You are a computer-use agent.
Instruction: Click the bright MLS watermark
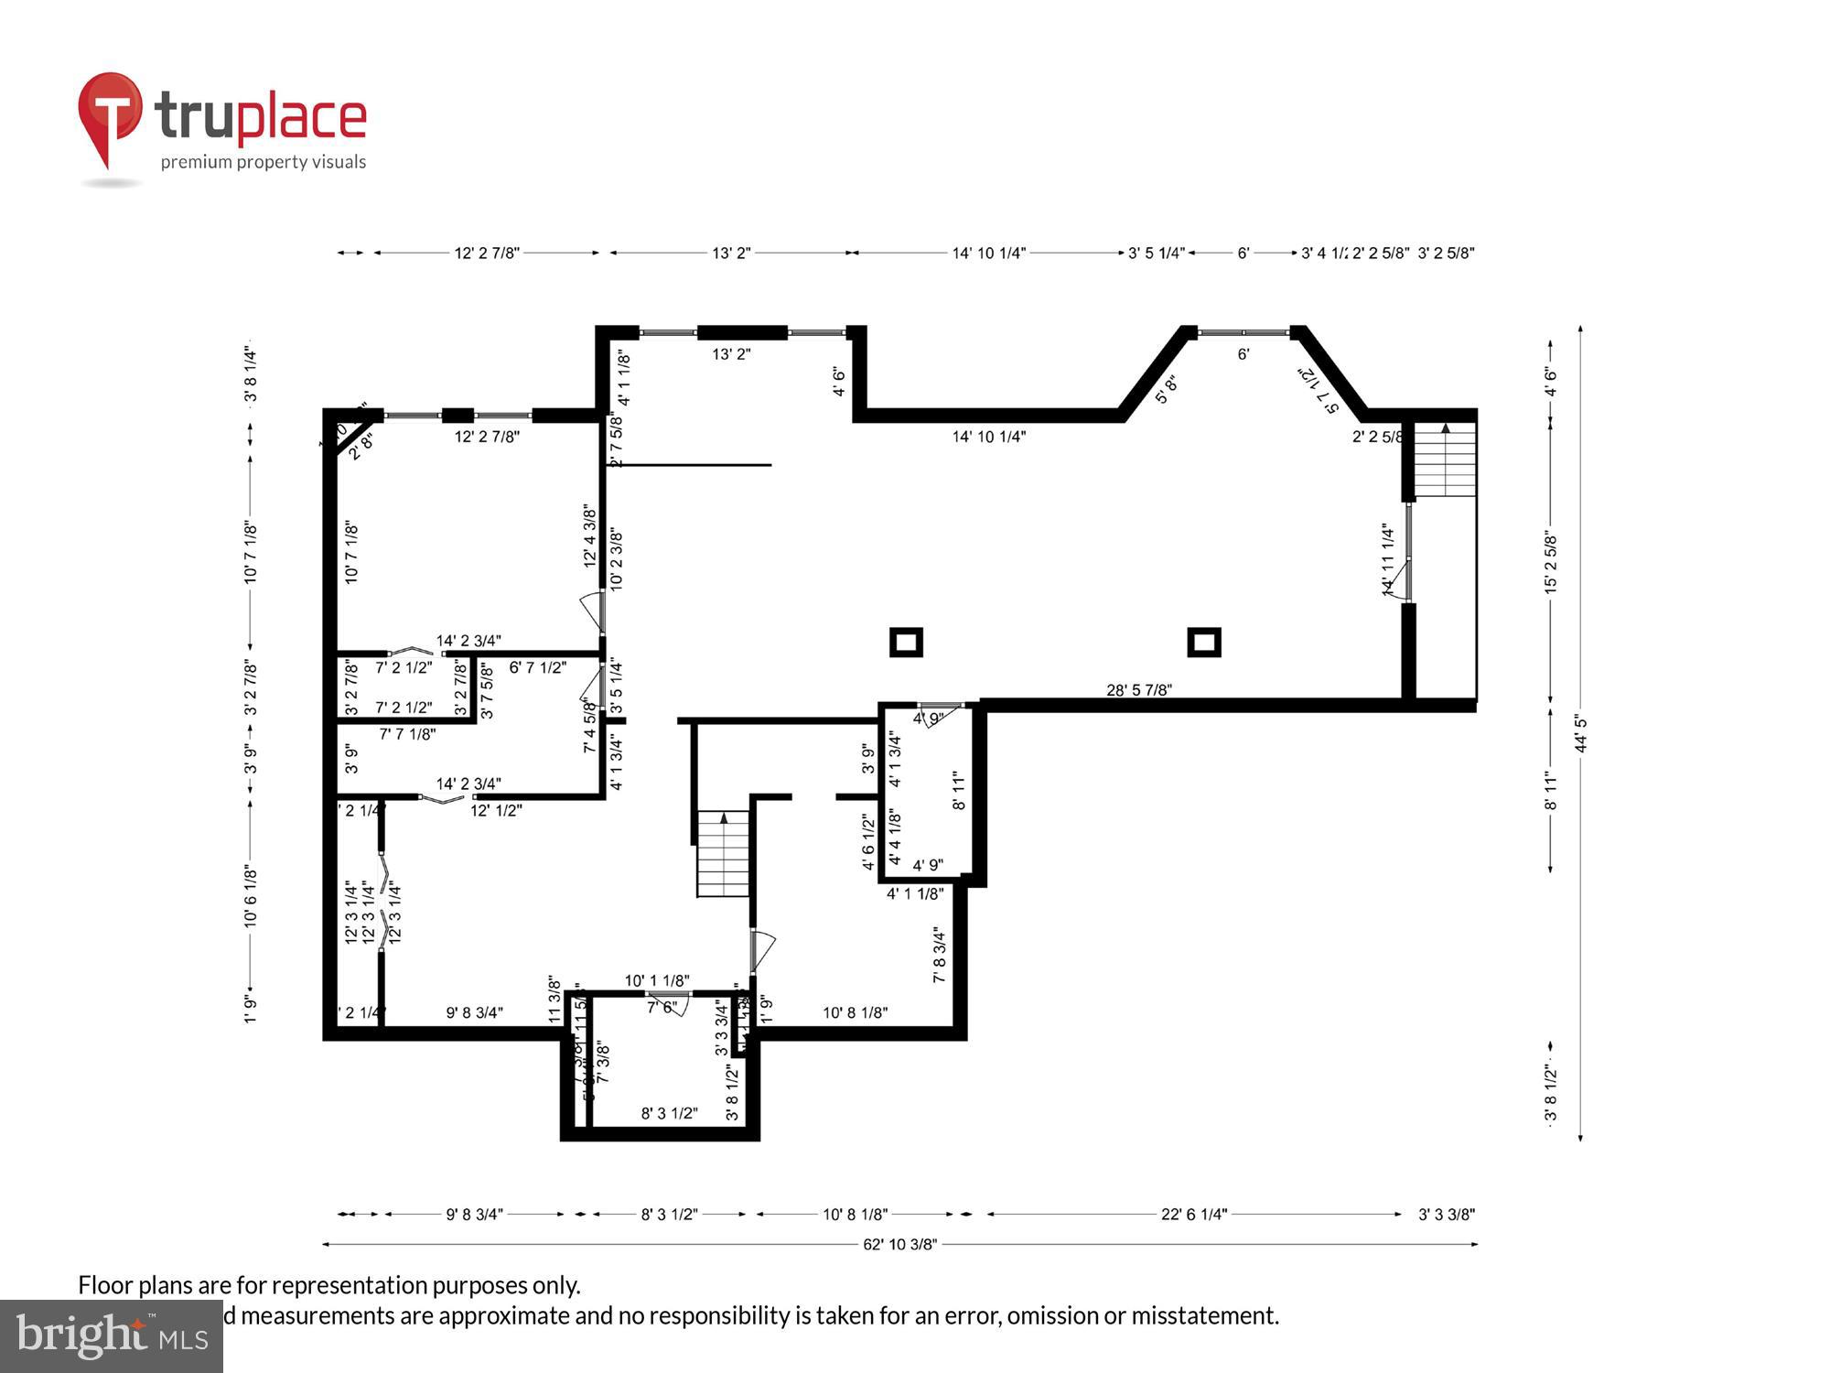click(x=111, y=1336)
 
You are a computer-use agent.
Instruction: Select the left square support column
click(x=906, y=642)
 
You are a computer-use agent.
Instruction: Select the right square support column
click(x=1203, y=642)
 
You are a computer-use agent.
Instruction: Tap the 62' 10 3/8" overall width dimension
click(x=899, y=1244)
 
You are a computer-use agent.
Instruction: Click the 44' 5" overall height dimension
click(x=1580, y=733)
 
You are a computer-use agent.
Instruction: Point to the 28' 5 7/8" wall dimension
click(x=1138, y=690)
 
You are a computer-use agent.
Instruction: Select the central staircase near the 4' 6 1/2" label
click(x=724, y=853)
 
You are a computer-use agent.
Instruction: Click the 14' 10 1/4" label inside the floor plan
click(x=988, y=437)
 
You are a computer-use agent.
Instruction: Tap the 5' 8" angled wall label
click(x=1166, y=389)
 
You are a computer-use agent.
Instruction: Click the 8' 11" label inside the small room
click(x=958, y=791)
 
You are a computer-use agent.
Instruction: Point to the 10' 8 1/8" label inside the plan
click(x=855, y=1012)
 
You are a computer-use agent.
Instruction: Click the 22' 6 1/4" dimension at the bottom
click(x=1193, y=1215)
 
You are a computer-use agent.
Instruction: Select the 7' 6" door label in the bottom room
click(x=662, y=1008)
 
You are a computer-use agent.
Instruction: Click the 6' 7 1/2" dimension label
click(x=537, y=667)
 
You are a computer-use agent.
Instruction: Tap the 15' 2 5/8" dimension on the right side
click(x=1550, y=562)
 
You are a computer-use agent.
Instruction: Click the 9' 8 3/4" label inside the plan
click(x=474, y=1012)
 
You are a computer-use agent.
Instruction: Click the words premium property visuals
click(x=264, y=162)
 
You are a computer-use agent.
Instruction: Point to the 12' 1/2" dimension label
click(x=496, y=810)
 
